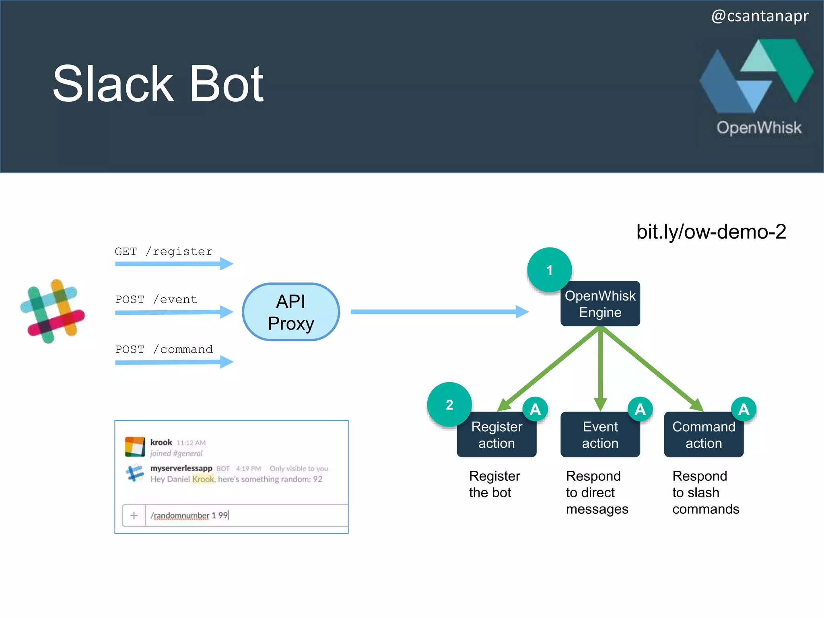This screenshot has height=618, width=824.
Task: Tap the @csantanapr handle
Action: click(760, 16)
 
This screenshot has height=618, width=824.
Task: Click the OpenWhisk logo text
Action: click(759, 128)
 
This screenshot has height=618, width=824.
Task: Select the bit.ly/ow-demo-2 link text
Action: click(711, 232)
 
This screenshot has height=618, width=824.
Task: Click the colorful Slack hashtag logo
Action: click(53, 311)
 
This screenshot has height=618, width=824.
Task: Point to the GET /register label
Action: click(163, 251)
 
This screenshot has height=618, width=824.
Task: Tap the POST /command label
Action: click(164, 349)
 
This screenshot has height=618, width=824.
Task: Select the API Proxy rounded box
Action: click(291, 312)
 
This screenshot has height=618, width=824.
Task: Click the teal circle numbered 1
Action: click(549, 270)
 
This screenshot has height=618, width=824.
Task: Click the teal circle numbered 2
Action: click(449, 404)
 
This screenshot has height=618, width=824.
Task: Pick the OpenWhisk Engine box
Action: click(600, 304)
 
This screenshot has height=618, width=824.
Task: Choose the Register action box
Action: click(496, 435)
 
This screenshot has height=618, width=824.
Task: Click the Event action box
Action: click(600, 435)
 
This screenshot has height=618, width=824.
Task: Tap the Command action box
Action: click(703, 435)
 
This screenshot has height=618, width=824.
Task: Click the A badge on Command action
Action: click(744, 409)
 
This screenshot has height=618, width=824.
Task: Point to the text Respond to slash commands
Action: click(705, 492)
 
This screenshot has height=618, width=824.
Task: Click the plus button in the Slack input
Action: click(134, 515)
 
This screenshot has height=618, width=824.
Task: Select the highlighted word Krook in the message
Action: click(203, 479)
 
